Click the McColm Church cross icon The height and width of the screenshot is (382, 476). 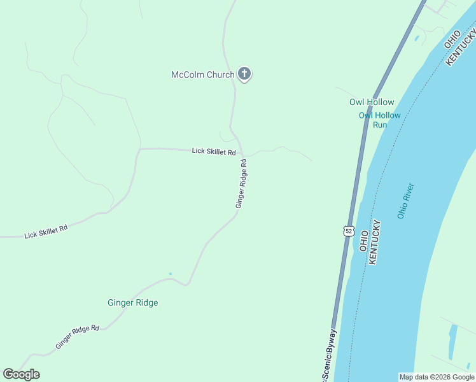244,74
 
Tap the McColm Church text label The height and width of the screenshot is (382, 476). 203,74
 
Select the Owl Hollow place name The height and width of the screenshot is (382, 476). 372,102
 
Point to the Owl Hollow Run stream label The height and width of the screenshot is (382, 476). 380,120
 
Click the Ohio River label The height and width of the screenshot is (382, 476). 405,201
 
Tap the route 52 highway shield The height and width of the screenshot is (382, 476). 347,230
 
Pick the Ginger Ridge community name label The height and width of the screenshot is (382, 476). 132,302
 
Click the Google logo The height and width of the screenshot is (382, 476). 22,374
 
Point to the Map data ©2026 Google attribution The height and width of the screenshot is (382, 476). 437,377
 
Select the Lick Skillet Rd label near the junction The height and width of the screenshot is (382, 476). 214,152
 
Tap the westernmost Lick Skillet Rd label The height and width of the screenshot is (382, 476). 46,231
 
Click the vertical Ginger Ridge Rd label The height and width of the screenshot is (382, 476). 241,184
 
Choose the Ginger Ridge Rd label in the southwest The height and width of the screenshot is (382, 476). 77,337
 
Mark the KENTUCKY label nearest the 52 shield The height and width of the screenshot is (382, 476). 376,243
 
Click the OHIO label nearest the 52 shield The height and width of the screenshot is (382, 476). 364,239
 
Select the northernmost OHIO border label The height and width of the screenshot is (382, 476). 451,39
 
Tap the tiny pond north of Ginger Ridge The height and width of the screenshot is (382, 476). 170,274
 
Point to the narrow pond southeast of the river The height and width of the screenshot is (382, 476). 452,341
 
